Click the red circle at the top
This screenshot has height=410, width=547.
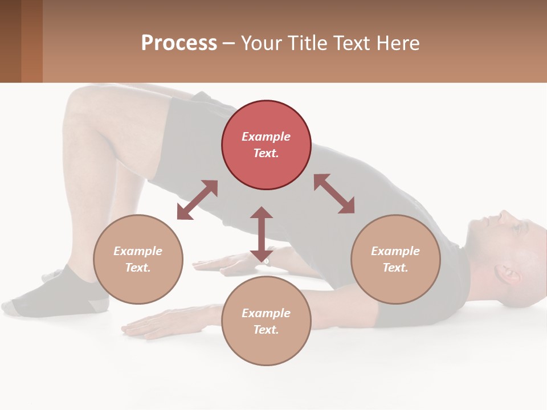tap(266, 145)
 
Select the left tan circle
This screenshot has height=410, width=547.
tap(138, 259)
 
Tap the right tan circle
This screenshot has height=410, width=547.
tap(395, 259)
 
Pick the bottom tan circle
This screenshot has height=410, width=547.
tap(266, 321)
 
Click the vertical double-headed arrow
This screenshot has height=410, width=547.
tap(262, 234)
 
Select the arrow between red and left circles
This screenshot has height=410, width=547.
tap(197, 200)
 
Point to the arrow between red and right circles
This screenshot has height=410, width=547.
tap(334, 194)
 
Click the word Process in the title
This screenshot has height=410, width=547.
tap(179, 43)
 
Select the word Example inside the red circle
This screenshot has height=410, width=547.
tap(266, 137)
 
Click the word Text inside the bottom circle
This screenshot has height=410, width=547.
tap(266, 330)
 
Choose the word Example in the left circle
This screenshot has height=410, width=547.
tap(138, 251)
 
